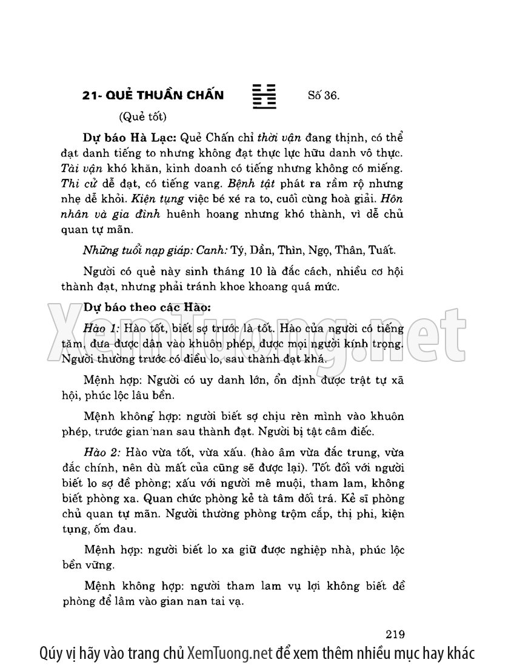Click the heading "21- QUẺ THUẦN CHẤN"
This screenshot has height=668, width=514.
point(153,95)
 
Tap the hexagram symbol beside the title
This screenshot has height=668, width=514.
point(264,95)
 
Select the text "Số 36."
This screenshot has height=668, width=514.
point(324,95)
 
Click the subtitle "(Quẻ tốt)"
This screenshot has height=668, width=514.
point(143,116)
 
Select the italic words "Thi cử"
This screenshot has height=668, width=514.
point(77,183)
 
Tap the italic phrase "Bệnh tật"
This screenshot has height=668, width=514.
point(229,183)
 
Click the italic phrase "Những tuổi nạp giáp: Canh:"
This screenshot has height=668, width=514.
point(144,250)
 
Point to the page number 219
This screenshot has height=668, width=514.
point(395,635)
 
